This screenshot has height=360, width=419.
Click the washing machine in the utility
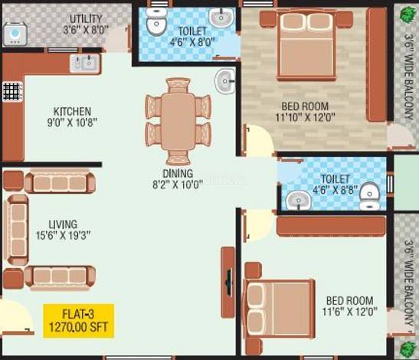coord(15,34)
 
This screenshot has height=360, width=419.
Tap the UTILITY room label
coord(86,18)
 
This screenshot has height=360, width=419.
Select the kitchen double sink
coord(85,64)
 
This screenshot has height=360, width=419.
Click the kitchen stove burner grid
coord(12,92)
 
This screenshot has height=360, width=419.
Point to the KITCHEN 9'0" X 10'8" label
coord(72,116)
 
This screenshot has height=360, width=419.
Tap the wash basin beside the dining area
coord(225,81)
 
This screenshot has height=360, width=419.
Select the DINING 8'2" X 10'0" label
coord(178,179)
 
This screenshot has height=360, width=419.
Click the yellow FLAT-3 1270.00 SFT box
coord(79,321)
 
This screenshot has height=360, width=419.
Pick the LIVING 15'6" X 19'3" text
coord(64,230)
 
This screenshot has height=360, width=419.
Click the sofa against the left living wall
coord(18,230)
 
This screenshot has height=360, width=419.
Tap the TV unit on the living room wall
coord(228,282)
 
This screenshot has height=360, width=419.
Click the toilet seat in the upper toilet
coord(156,22)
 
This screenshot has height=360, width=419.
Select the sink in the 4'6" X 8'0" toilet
coord(221,17)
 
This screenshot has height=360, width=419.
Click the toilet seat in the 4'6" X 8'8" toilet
coord(370,196)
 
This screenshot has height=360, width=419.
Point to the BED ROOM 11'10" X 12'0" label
coord(305,112)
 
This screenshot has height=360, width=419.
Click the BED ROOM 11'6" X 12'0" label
coord(349,306)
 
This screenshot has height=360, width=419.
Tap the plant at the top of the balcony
coord(408,14)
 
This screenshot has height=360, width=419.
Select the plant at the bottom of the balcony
coord(408,349)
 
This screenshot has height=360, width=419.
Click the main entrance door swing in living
coord(16,316)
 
